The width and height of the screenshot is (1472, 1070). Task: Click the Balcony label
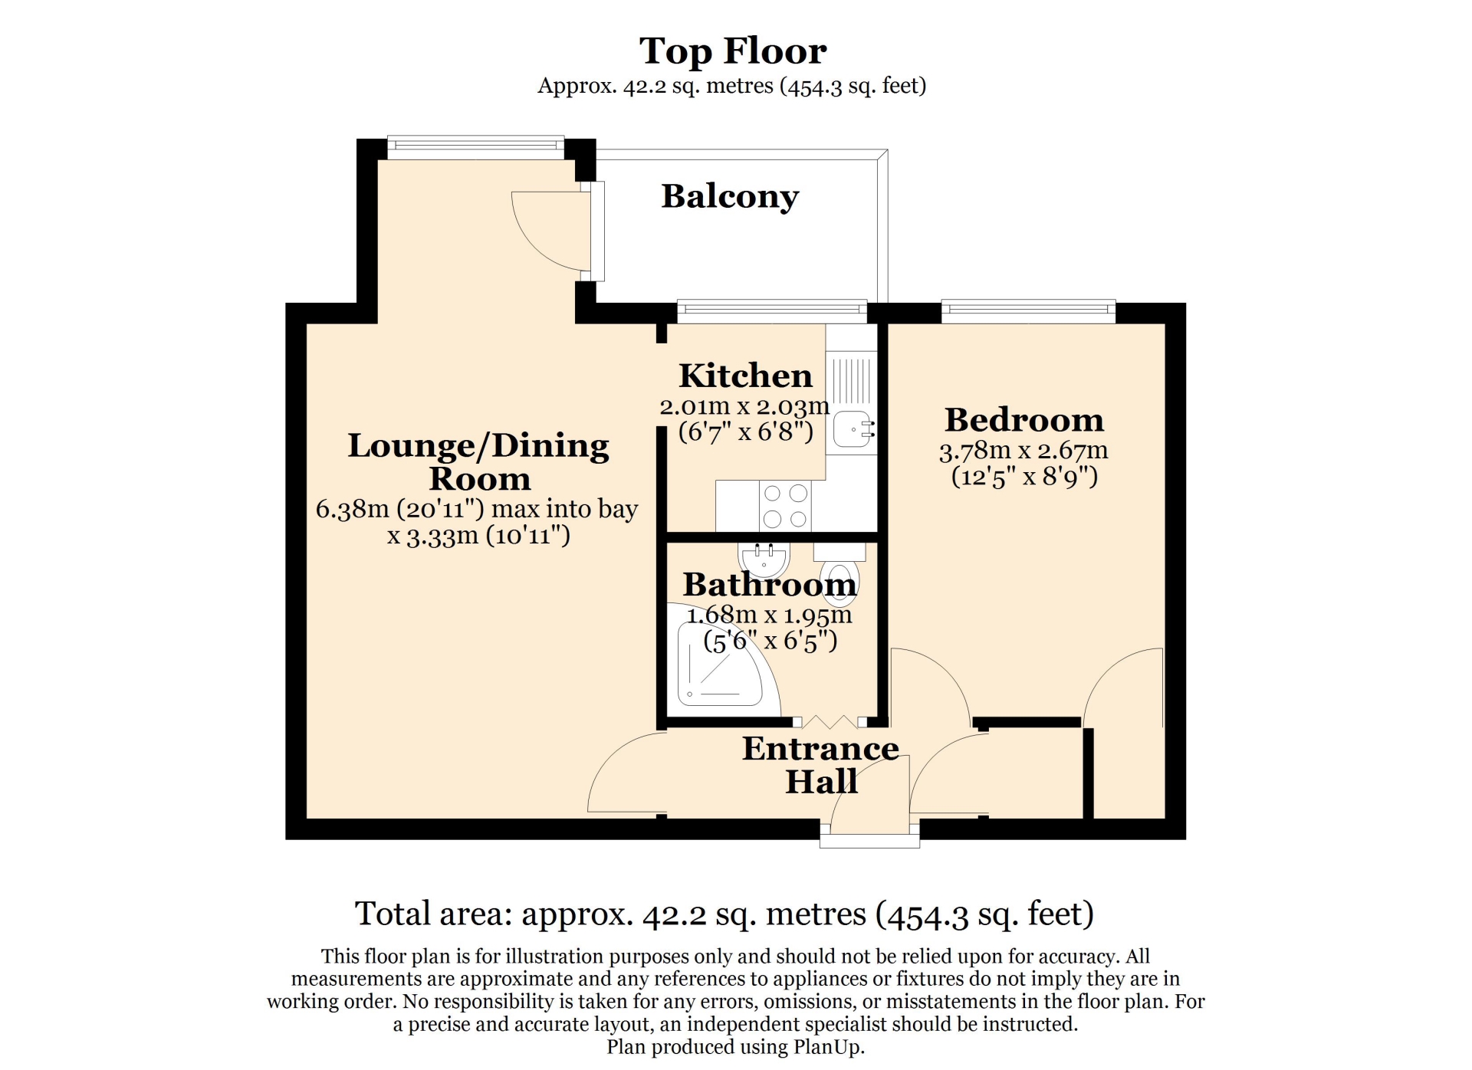pyautogui.click(x=730, y=197)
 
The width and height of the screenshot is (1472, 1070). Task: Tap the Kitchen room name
pyautogui.click(x=745, y=376)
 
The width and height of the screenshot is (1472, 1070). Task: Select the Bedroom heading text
pyautogui.click(x=1024, y=420)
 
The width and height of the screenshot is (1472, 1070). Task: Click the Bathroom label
pyautogui.click(x=770, y=585)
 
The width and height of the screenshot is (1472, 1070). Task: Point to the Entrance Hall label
pyautogui.click(x=821, y=765)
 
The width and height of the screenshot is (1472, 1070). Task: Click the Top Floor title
pyautogui.click(x=733, y=51)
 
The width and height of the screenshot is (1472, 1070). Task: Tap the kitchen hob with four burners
pyautogui.click(x=785, y=506)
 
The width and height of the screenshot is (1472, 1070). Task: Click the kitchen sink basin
pyautogui.click(x=853, y=428)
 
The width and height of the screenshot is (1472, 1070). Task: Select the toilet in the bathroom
pyautogui.click(x=839, y=574)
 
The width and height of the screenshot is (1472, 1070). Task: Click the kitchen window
pyautogui.click(x=772, y=310)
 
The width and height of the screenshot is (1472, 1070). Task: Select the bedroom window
pyautogui.click(x=1028, y=310)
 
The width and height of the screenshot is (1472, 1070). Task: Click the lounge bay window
pyautogui.click(x=476, y=146)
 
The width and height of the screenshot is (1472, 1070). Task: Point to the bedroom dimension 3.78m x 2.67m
pyautogui.click(x=1024, y=451)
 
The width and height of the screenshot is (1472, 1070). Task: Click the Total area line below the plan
pyautogui.click(x=724, y=914)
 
